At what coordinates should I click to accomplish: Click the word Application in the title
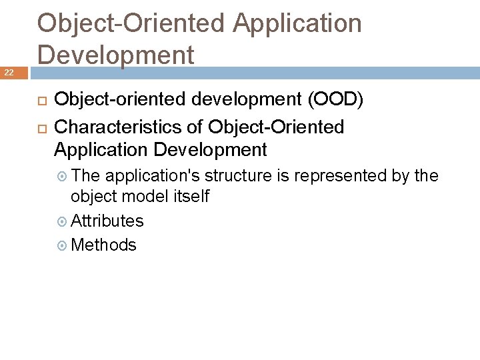(x=297, y=24)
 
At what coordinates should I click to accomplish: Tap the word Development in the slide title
(x=116, y=55)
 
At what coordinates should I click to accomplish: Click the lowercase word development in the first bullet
(x=226, y=100)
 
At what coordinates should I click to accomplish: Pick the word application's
(x=153, y=176)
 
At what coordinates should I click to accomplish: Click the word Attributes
(x=107, y=221)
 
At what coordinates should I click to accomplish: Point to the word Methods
(x=103, y=245)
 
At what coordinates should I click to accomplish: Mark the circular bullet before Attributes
(x=63, y=221)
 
